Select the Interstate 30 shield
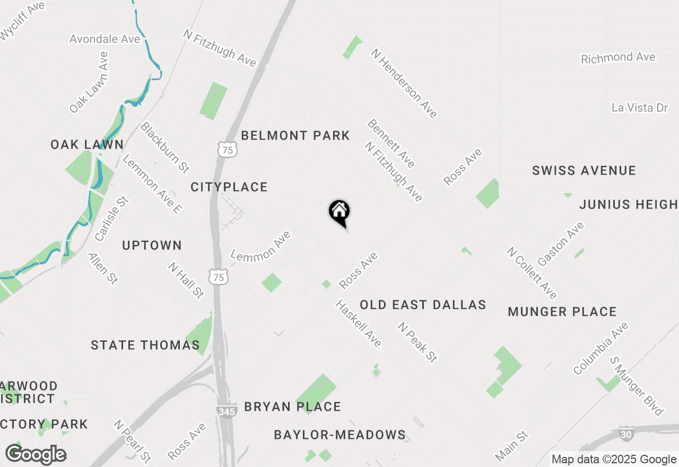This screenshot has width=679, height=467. [626, 433]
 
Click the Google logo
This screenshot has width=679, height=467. [36, 454]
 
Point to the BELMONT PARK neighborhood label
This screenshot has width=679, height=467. [295, 136]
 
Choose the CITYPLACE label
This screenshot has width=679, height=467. [229, 187]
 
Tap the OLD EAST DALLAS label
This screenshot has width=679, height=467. [423, 305]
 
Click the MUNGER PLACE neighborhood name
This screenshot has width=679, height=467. [562, 312]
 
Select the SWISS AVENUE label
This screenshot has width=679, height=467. [584, 171]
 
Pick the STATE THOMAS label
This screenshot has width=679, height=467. [145, 345]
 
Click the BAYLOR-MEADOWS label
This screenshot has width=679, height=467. [339, 435]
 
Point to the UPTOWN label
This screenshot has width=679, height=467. [152, 246]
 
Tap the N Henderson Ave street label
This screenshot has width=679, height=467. [404, 83]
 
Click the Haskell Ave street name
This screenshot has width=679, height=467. [359, 324]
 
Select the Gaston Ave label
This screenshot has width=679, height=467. [561, 244]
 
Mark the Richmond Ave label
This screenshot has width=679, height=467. [618, 58]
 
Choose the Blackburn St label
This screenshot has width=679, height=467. [164, 147]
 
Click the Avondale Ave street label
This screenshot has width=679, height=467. [105, 39]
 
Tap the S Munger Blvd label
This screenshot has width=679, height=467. [637, 386]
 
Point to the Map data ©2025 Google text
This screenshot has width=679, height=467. [614, 460]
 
